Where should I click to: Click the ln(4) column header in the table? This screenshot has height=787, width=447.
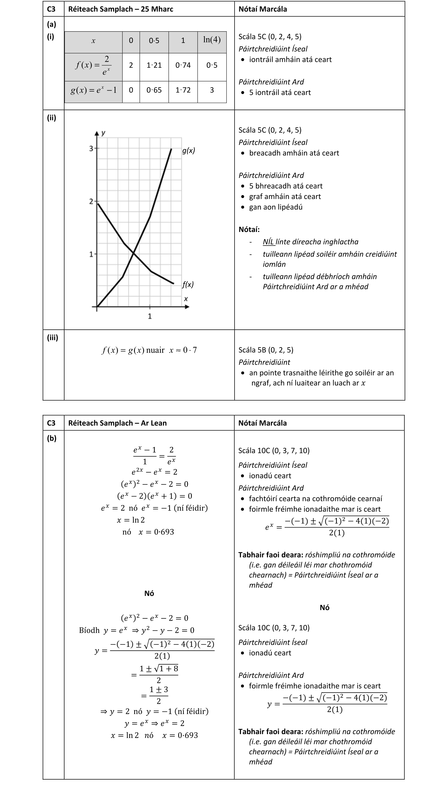tap(212, 40)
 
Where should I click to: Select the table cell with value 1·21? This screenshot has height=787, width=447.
tap(154, 65)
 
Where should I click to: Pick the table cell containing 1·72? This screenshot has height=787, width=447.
tap(183, 90)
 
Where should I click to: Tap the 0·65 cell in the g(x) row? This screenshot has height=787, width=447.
tap(154, 90)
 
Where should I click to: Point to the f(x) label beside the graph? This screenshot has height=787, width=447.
tap(188, 284)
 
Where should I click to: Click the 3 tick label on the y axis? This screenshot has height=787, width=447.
tap(91, 149)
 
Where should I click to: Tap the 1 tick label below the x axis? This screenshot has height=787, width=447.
tap(150, 316)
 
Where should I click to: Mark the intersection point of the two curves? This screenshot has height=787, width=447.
tap(134, 253)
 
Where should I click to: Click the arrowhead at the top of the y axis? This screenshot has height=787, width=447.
tap(97, 133)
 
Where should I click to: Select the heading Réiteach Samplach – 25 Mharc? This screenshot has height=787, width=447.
tap(121, 9)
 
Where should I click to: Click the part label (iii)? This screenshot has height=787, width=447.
tap(53, 338)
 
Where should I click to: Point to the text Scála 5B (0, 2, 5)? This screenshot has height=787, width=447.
tap(266, 350)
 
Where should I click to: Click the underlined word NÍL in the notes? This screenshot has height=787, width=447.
tap(268, 242)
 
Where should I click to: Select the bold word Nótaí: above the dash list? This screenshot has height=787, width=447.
tap(249, 230)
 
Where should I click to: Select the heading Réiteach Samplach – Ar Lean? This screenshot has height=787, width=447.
tap(117, 423)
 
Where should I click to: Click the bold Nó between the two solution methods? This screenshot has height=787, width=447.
tap(149, 593)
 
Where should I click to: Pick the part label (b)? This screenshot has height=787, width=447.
tap(52, 438)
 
